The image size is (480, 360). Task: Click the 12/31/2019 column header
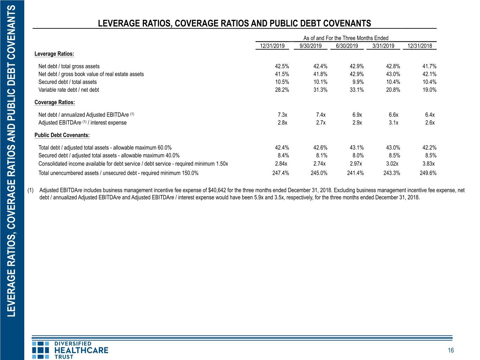pyautogui.click(x=272, y=46)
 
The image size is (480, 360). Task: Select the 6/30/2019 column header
pyautogui.click(x=347, y=46)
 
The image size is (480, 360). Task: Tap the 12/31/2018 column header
pyautogui.click(x=420, y=46)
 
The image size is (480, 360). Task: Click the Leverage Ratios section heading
pyautogui.click(x=54, y=54)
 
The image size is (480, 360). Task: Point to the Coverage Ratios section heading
pyautogui.click(x=55, y=102)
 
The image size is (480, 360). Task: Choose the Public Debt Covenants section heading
pyautogui.click(x=62, y=135)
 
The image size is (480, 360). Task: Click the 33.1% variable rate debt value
pyautogui.click(x=357, y=90)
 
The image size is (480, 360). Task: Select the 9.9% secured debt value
pyautogui.click(x=358, y=82)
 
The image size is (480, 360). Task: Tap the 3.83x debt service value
pyautogui.click(x=428, y=164)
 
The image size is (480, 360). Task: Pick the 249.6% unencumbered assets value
pyautogui.click(x=428, y=173)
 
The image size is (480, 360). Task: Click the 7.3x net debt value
pyautogui.click(x=282, y=115)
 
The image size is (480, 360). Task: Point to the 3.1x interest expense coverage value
pyautogui.click(x=393, y=123)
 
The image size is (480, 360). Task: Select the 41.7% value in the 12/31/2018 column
pyautogui.click(x=429, y=66)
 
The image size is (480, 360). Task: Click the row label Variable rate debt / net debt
pyautogui.click(x=69, y=90)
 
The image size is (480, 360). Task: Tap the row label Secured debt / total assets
pyautogui.click(x=68, y=82)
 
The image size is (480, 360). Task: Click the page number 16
pyautogui.click(x=451, y=351)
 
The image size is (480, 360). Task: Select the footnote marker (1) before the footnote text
pyautogui.click(x=30, y=191)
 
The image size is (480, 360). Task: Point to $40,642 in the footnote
pyautogui.click(x=217, y=191)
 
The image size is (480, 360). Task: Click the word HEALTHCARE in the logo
pyautogui.click(x=81, y=351)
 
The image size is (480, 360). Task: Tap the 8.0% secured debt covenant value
pyautogui.click(x=358, y=155)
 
